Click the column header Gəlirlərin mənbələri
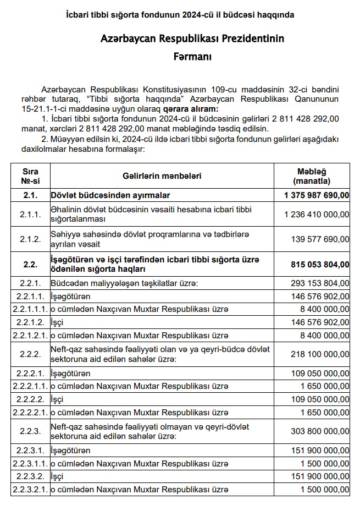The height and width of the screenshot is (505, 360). click(x=162, y=176)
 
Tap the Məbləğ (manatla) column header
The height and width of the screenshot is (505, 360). click(x=312, y=176)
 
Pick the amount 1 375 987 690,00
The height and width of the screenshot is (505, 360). click(x=317, y=195)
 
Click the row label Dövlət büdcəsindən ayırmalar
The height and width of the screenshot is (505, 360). click(x=110, y=195)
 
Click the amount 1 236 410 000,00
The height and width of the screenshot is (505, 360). click(x=317, y=214)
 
